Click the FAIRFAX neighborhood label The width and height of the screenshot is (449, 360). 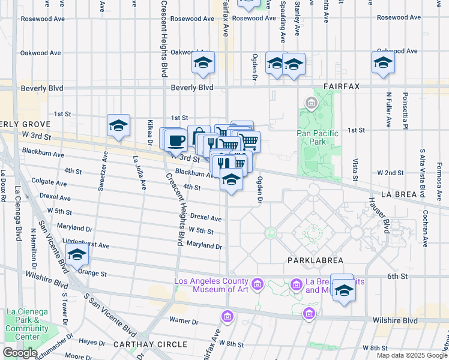341,86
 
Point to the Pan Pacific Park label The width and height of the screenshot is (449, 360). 318,137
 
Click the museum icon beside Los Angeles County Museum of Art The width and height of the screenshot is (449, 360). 258,283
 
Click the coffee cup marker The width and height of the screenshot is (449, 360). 176,140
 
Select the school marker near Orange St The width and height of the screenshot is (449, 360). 77,256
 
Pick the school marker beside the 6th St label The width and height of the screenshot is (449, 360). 343,290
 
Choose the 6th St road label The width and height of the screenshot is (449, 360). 397,276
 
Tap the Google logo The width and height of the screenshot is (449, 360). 20,353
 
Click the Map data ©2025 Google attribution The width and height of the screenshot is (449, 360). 411,355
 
